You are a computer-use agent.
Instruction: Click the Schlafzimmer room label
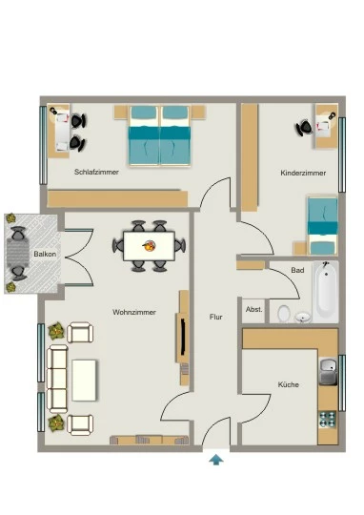pyautogui.click(x=96, y=172)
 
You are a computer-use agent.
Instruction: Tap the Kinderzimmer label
pyautogui.click(x=303, y=173)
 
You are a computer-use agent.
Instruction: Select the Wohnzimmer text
pyautogui.click(x=134, y=312)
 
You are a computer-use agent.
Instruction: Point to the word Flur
pyautogui.click(x=215, y=317)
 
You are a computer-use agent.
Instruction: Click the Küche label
pyautogui.click(x=288, y=384)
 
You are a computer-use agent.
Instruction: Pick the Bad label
pyautogui.click(x=297, y=270)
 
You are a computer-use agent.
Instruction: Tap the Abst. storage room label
pyautogui.click(x=254, y=309)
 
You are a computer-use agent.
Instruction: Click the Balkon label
pyautogui.click(x=45, y=254)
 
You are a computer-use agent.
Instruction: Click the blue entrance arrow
pyautogui.click(x=216, y=460)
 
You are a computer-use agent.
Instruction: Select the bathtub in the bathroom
pyautogui.click(x=326, y=292)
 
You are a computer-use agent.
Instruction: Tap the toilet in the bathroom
pyautogui.click(x=284, y=314)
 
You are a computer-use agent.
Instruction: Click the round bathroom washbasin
pyautogui.click(x=303, y=318)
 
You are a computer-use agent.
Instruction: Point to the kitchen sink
pyautogui.click(x=328, y=372)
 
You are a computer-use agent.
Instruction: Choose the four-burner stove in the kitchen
pyautogui.click(x=328, y=419)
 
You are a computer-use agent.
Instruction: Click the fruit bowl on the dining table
pyautogui.click(x=149, y=245)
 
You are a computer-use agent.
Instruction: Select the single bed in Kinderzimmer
pyautogui.click(x=322, y=226)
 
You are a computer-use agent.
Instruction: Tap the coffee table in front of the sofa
pyautogui.click(x=84, y=381)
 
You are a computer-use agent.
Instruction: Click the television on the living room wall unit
pyautogui.click(x=183, y=339)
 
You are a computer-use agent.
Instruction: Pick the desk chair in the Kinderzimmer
pyautogui.click(x=304, y=128)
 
